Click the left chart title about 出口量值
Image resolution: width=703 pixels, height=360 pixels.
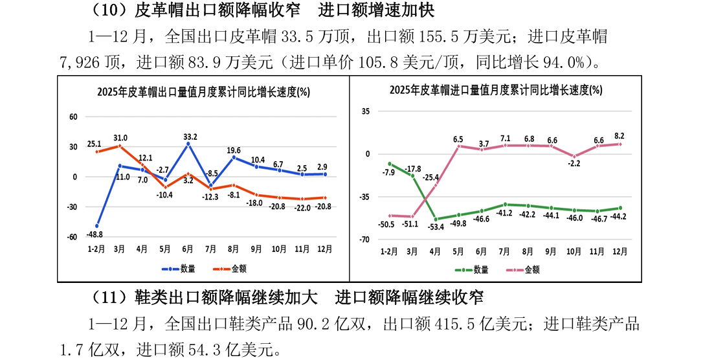point(203,92)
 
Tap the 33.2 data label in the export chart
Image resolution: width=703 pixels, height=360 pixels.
point(190,137)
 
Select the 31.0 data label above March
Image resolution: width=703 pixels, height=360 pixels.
point(120,138)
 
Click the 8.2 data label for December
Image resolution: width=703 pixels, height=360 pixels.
point(619,136)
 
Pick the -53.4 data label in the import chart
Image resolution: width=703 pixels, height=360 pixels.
point(438,227)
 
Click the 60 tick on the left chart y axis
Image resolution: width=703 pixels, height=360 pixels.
point(74,117)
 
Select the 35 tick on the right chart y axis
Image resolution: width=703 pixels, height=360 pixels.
point(366,111)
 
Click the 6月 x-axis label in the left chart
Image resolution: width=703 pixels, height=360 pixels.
point(188,248)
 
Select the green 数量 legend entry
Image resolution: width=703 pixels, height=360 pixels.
point(473,269)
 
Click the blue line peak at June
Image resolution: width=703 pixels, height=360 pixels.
point(188,144)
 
